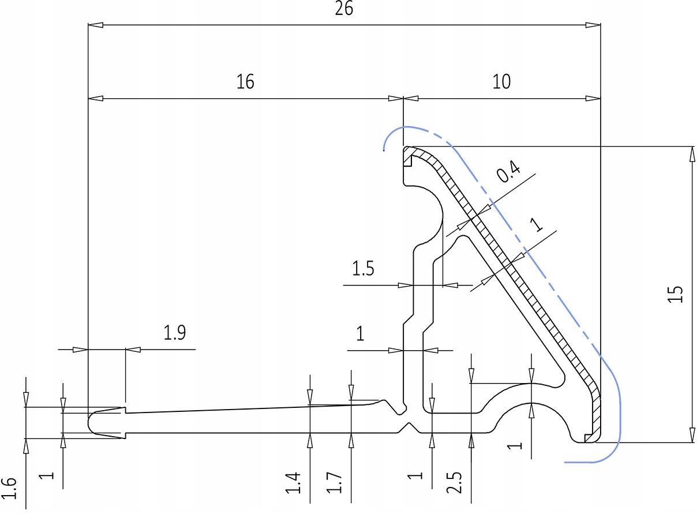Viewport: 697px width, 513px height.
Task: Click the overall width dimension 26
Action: pos(344,9)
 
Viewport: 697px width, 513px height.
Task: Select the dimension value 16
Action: pos(245,81)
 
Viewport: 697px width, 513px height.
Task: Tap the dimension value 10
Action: pos(501,81)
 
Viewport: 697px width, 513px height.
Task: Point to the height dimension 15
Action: pos(675,294)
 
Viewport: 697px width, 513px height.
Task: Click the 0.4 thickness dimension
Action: pos(508,171)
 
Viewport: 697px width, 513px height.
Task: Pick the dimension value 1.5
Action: pos(363,269)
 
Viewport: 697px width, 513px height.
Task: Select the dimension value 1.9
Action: pos(175,333)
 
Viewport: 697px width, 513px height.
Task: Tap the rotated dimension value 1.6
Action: pos(9,488)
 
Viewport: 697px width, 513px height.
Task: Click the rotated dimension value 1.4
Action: pos(293,483)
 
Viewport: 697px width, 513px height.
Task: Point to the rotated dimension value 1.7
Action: pos(334,483)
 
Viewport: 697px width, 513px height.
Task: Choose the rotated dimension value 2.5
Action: pos(454,483)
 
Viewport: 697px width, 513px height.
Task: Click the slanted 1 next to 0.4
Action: pos(537,224)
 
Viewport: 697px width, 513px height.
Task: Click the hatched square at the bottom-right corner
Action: pos(589,438)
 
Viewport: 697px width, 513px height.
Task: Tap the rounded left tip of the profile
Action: pos(89,423)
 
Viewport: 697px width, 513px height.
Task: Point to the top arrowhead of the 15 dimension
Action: pos(692,154)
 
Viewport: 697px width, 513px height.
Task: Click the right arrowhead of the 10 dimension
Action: pos(593,99)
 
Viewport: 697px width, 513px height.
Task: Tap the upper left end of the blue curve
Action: pos(384,150)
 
